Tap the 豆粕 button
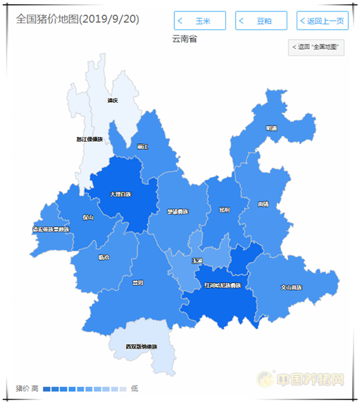261,21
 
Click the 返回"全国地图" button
317,48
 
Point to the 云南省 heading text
185,39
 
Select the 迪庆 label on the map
112,101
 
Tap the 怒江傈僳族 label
90,140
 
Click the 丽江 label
142,147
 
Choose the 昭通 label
271,128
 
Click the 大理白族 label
121,194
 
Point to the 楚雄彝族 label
176,212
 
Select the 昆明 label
225,210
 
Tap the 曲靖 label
264,204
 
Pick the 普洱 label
137,283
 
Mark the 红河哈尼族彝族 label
222,286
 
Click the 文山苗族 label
292,287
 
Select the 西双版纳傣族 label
141,346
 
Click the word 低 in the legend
134,389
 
